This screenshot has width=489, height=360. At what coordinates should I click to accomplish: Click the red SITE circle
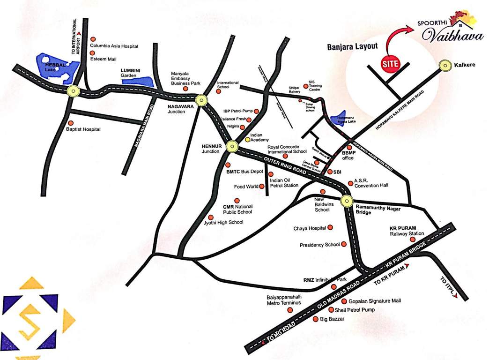click(388, 62)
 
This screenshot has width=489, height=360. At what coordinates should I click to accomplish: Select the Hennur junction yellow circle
click(232, 147)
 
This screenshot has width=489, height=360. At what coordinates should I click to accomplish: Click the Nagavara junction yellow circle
click(201, 99)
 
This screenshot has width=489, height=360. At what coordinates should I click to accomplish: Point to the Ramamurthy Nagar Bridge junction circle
click(347, 201)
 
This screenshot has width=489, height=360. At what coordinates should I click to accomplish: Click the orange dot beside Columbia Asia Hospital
click(93, 39)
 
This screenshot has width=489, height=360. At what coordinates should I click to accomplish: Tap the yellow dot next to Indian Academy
click(247, 140)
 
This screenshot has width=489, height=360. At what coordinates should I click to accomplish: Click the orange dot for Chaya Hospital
click(330, 227)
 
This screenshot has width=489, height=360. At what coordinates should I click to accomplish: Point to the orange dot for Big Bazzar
click(315, 319)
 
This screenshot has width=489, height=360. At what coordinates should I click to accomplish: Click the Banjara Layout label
click(352, 47)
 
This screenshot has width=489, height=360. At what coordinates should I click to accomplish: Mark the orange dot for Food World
click(262, 187)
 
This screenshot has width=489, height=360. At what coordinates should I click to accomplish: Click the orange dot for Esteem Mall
click(93, 53)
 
